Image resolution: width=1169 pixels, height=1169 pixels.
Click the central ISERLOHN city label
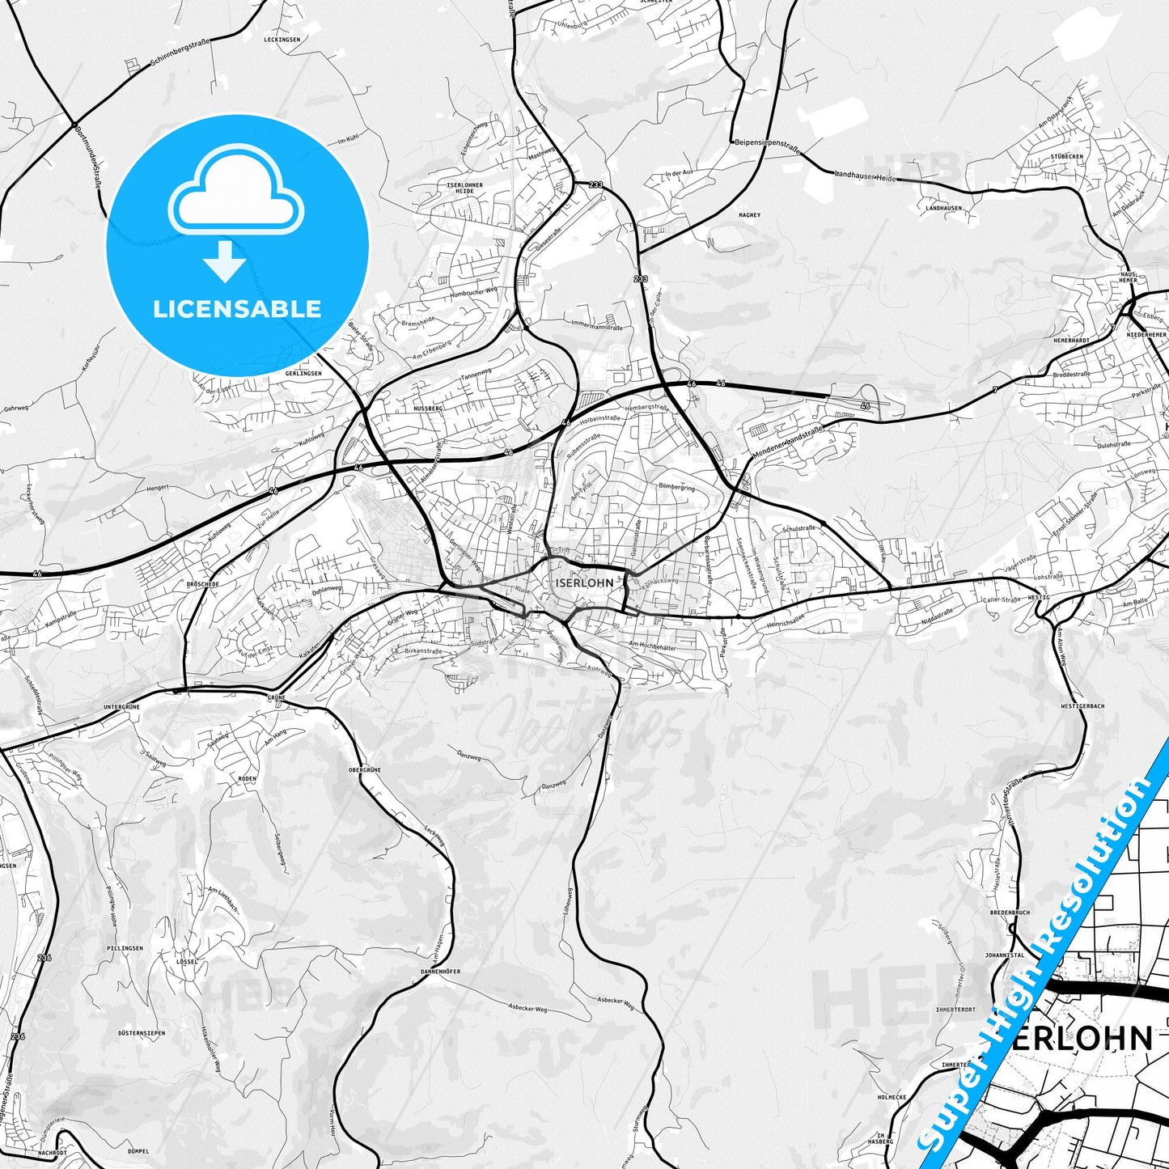coord(585,582)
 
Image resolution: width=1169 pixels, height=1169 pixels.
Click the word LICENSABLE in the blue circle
coord(237,308)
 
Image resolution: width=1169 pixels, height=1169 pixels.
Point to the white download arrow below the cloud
coord(225,262)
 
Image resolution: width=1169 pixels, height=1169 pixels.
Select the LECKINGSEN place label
coord(282,39)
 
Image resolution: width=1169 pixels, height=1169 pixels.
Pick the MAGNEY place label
coord(750,215)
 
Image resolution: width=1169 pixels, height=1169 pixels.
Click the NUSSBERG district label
coord(429,409)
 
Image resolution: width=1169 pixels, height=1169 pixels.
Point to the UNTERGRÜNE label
coord(121,707)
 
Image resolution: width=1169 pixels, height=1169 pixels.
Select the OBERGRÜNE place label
coord(364,769)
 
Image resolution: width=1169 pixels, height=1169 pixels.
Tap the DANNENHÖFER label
coord(440,971)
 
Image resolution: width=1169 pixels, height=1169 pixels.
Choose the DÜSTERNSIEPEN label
coord(141,1033)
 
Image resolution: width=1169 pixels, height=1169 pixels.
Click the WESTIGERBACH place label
coord(1082,706)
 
